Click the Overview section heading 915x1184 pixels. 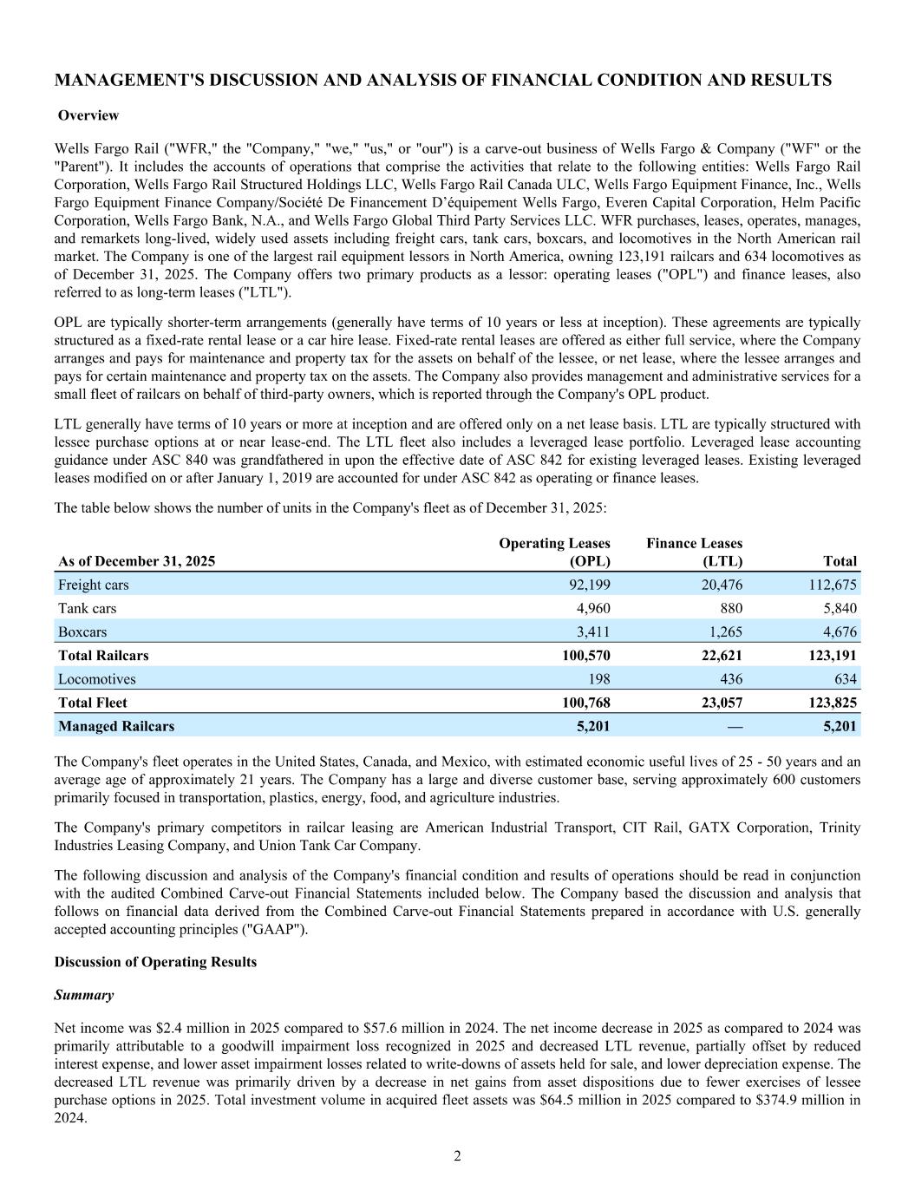tap(88, 115)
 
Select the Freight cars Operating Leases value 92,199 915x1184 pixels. tap(586, 585)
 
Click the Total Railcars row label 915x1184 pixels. tap(103, 655)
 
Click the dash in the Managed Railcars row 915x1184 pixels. tap(735, 726)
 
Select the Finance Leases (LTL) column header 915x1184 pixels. tap(694, 552)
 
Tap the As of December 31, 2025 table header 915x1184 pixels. tap(136, 560)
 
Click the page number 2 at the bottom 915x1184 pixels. tap(457, 1155)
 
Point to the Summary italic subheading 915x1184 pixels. tap(83, 994)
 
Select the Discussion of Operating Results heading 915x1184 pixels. tap(155, 962)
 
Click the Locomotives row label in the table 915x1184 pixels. tap(96, 678)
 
